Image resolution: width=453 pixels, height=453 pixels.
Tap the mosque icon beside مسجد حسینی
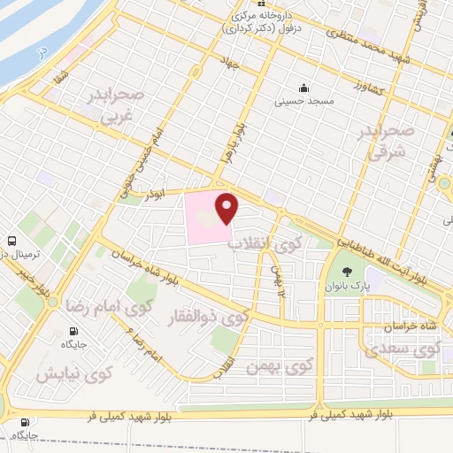(304, 88)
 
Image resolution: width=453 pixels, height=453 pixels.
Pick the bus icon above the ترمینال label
(12, 241)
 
